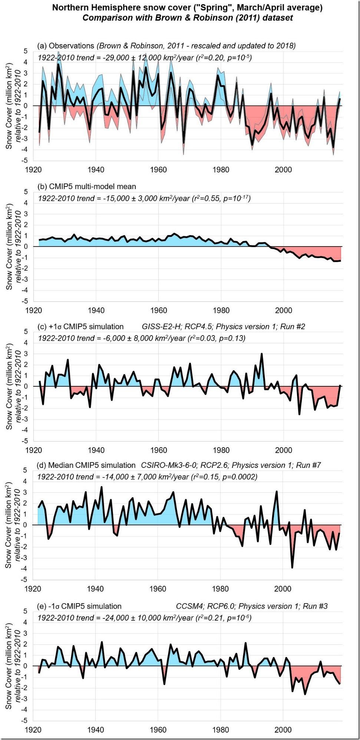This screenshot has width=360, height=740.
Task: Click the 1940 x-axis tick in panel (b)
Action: [x=96, y=310]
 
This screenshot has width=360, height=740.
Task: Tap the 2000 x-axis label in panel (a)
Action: [x=283, y=169]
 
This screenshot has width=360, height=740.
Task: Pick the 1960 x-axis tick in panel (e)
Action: [x=158, y=730]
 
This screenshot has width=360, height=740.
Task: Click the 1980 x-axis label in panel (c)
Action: [x=221, y=450]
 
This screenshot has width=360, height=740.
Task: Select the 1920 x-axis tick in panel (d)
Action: [x=33, y=589]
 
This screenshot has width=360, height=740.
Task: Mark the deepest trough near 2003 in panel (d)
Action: [x=292, y=567]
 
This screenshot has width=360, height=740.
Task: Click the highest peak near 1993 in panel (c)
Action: [x=262, y=354]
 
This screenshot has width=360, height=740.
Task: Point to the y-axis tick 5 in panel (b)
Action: [x=26, y=192]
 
